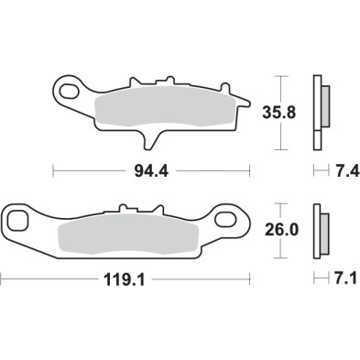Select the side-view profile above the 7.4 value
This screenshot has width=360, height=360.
click(x=321, y=108)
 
